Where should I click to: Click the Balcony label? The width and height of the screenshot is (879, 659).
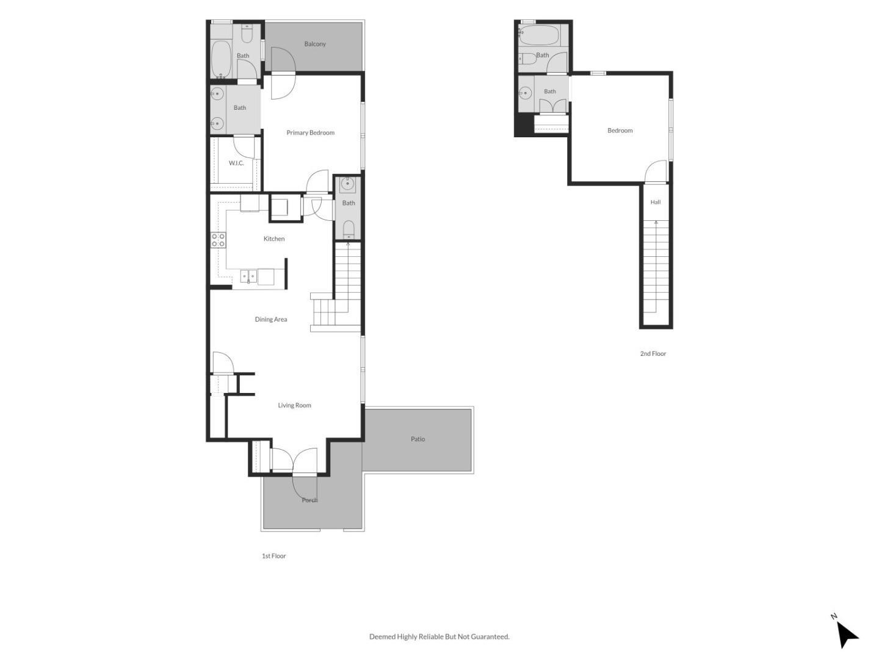click(x=315, y=44)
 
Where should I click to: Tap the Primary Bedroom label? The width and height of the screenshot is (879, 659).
click(x=310, y=133)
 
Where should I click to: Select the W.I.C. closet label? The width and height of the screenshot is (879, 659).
click(x=236, y=164)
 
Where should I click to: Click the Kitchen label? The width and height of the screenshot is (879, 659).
click(x=274, y=239)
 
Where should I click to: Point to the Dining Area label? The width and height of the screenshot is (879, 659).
click(x=270, y=319)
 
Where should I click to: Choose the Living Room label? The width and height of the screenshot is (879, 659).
click(x=294, y=405)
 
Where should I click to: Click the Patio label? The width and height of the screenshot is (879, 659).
click(x=418, y=439)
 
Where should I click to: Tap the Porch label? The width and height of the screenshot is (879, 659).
click(x=309, y=500)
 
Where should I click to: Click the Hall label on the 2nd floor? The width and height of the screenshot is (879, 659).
click(x=655, y=202)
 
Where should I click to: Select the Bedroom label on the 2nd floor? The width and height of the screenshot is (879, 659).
click(x=620, y=131)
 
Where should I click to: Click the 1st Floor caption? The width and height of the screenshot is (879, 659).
click(x=273, y=556)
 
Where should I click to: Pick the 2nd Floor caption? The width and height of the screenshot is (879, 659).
click(x=653, y=354)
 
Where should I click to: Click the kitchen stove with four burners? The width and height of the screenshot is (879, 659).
click(x=219, y=240)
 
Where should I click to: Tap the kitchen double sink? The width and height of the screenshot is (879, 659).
click(x=248, y=276)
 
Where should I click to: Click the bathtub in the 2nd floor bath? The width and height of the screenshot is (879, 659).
click(x=538, y=35)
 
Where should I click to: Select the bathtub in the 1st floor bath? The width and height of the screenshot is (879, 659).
click(x=220, y=60)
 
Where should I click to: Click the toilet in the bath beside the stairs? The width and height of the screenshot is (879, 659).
click(x=349, y=229)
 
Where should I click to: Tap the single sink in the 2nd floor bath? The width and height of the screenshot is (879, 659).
click(x=525, y=93)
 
